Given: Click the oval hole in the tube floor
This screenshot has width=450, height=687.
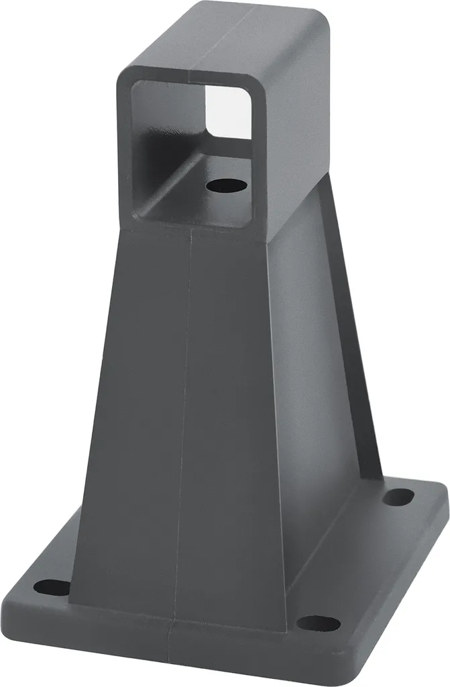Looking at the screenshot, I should (226, 183).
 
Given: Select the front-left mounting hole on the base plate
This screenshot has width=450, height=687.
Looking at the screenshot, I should (51, 588).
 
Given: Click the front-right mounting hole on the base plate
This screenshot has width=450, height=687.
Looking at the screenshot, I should (317, 623).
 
